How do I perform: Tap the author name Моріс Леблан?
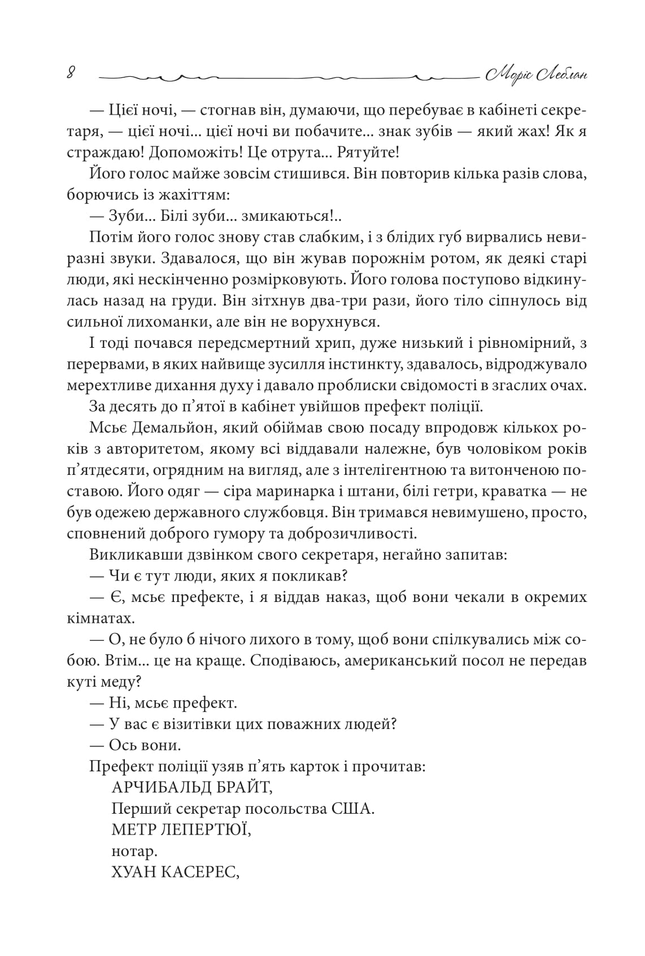pos(535,74)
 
